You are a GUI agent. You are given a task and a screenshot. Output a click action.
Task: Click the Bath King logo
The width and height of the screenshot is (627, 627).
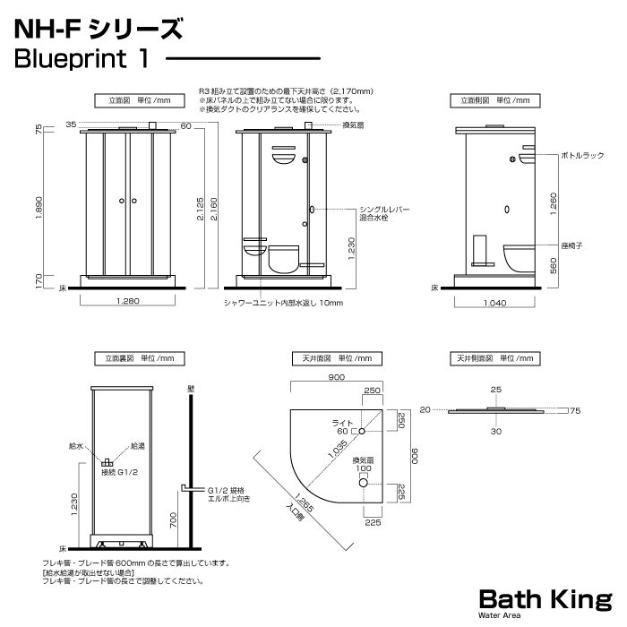point(545,603)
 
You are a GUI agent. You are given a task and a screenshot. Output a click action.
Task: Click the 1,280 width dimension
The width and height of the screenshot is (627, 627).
point(128,301)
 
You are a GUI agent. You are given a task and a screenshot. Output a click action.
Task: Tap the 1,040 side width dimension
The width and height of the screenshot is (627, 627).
point(494,303)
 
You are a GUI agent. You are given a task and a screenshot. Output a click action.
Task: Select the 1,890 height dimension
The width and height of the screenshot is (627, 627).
point(39,208)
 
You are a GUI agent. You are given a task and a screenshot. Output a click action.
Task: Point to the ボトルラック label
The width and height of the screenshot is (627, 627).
point(582,156)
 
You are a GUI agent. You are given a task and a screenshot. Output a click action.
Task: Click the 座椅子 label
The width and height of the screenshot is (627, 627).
point(571,245)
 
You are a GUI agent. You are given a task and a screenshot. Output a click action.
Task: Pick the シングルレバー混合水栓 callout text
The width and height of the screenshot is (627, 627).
point(384,213)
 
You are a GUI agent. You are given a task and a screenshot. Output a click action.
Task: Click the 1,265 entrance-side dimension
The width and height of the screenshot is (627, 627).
point(304,503)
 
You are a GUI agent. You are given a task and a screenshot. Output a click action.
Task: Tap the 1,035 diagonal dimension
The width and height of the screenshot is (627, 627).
point(338,449)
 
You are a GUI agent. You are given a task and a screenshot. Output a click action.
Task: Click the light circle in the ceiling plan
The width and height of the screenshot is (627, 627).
point(362,431)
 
